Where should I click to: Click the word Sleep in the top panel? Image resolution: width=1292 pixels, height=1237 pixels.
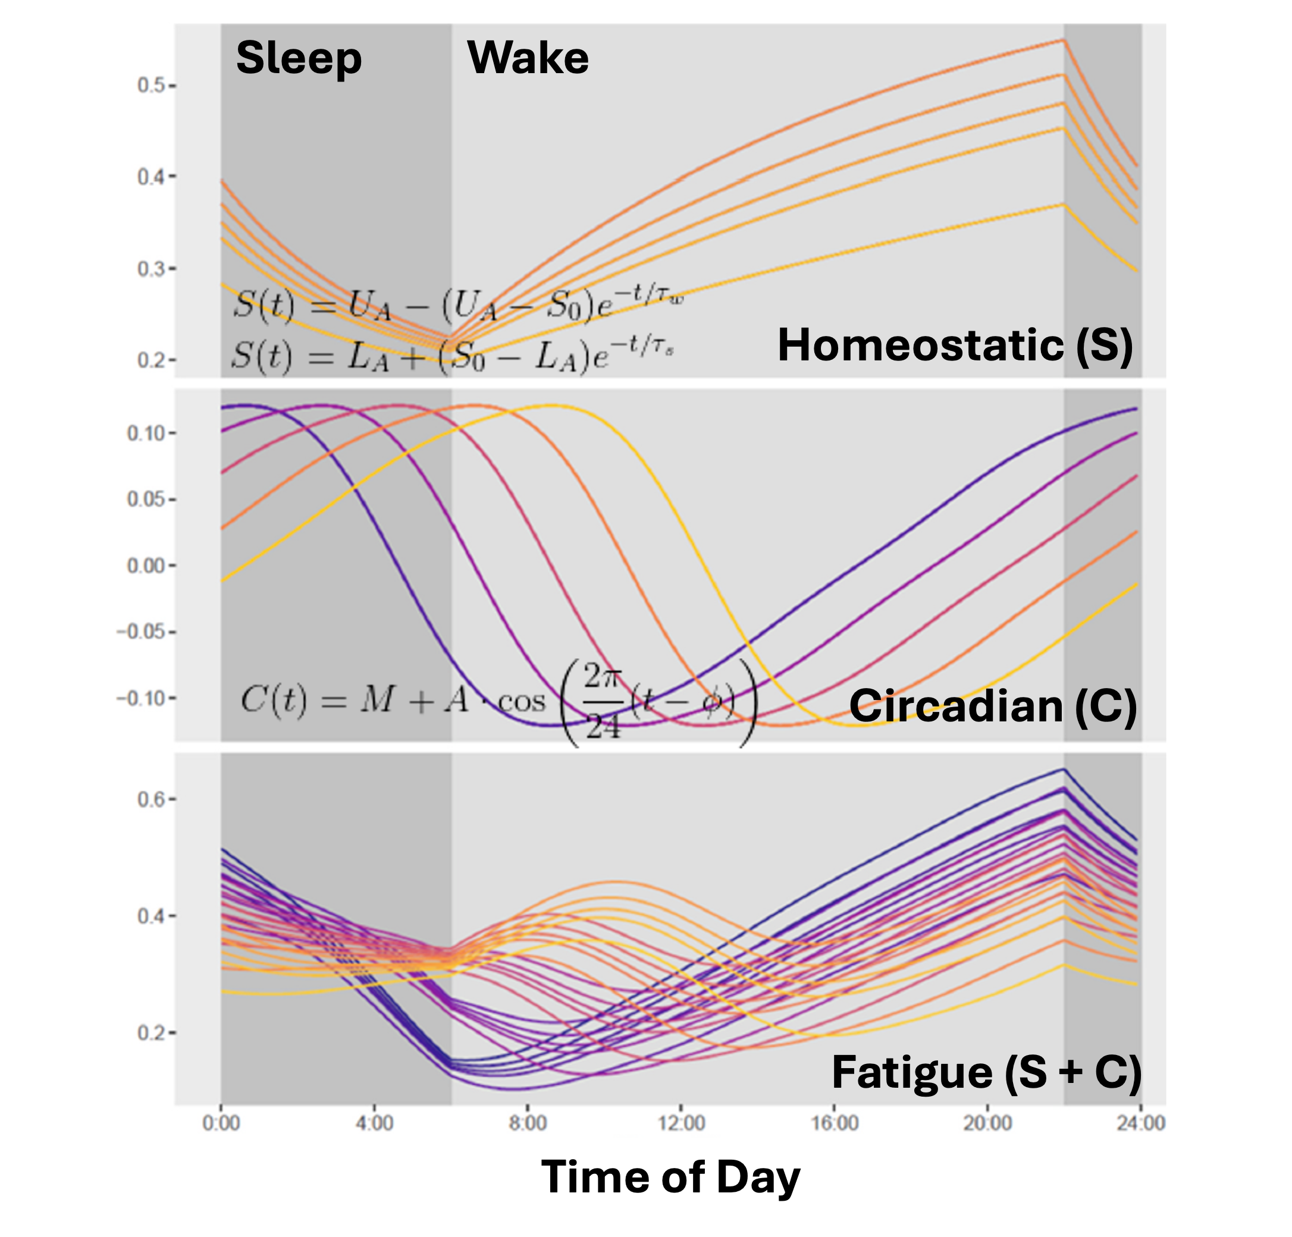[x=299, y=58]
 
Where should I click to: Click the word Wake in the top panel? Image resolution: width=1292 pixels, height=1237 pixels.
[x=528, y=58]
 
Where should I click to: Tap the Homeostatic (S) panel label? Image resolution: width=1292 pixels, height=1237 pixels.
[x=955, y=345]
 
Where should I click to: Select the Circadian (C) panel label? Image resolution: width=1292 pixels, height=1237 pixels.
[x=993, y=706]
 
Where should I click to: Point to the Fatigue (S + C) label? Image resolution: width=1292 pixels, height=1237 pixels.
[x=986, y=1072]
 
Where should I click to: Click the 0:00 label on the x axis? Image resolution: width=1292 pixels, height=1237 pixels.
[x=221, y=1122]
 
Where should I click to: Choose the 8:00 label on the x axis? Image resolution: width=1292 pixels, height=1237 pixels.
[x=528, y=1122]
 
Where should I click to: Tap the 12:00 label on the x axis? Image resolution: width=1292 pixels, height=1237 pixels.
[x=681, y=1122]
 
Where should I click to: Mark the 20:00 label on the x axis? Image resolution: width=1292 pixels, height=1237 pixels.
[x=987, y=1122]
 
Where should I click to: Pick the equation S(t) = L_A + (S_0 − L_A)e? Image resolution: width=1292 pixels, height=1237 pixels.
[x=452, y=356]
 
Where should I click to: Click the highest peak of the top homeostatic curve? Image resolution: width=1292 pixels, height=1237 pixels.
[x=1063, y=41]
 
